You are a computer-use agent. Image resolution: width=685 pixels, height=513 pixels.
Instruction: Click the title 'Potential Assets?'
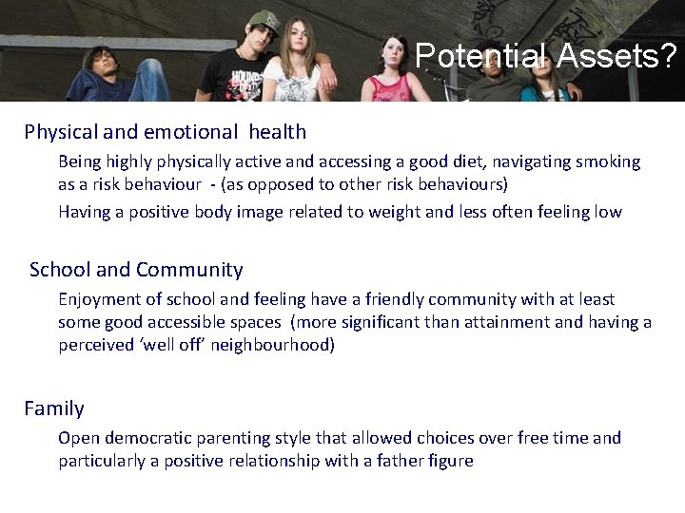tap(546, 58)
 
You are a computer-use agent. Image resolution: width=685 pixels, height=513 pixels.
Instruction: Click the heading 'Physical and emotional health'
tap(166, 131)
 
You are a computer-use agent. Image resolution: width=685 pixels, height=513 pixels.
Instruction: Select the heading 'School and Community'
tap(136, 270)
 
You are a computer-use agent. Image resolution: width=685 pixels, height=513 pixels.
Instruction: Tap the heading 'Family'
tap(54, 408)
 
